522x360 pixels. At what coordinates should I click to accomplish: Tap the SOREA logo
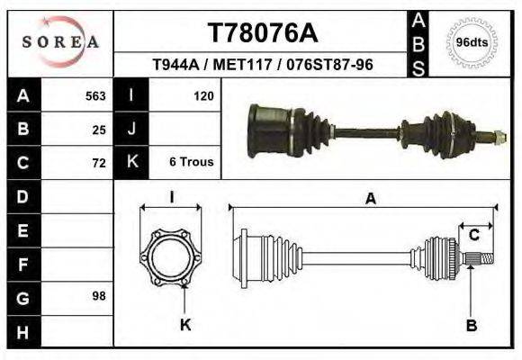[60, 41]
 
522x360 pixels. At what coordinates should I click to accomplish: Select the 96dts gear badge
[472, 42]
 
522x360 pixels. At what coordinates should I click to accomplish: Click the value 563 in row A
[95, 95]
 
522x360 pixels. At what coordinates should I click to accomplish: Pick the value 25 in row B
[99, 129]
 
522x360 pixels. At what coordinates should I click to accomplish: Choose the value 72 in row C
[99, 163]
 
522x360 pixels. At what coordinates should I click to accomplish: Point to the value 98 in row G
[99, 296]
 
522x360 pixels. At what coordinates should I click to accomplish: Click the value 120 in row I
[203, 95]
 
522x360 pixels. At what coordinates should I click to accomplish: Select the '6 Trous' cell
[191, 163]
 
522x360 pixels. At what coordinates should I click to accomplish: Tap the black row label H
[22, 332]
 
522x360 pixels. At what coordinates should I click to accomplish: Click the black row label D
[22, 196]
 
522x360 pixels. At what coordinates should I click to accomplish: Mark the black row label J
[131, 129]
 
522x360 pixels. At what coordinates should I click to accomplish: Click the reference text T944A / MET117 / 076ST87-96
[263, 66]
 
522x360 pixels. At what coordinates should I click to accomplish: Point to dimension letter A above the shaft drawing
[370, 200]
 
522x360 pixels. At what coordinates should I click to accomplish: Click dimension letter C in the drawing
[473, 235]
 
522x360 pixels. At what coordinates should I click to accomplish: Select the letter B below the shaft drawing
[471, 326]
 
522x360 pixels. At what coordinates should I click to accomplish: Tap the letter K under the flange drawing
[185, 326]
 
